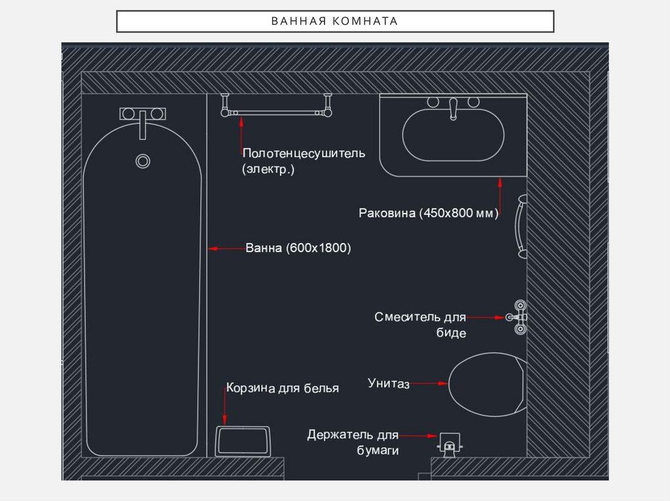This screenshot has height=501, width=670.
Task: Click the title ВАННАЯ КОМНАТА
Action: tap(334, 21)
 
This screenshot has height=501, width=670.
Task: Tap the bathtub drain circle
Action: tap(143, 160)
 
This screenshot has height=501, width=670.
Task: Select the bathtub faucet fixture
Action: tap(143, 115)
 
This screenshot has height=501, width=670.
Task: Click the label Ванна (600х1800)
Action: tap(298, 248)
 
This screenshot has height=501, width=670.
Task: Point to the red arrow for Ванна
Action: tap(225, 248)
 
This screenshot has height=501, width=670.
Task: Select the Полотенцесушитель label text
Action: tap(304, 154)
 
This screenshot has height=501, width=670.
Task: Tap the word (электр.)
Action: tap(268, 169)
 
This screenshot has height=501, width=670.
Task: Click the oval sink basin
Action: tap(453, 137)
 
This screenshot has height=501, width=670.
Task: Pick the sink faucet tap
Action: tap(452, 108)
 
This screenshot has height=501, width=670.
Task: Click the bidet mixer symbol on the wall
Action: tap(520, 317)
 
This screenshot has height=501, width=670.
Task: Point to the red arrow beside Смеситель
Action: tap(488, 317)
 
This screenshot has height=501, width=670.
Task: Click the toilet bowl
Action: tap(487, 385)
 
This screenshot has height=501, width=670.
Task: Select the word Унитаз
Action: tap(389, 383)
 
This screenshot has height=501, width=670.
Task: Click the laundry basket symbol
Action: tap(243, 442)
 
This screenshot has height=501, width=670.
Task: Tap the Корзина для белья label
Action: tap(283, 389)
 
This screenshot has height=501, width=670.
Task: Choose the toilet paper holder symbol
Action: tap(449, 445)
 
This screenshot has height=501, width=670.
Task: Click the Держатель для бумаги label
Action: tap(353, 442)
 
